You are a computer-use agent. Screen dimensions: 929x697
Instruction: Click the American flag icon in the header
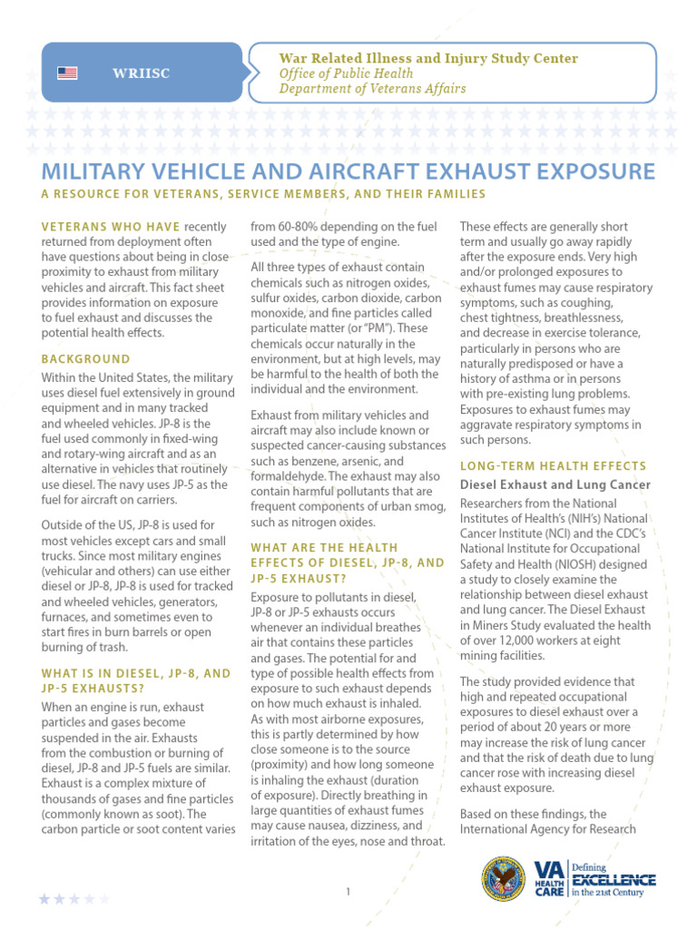[x=67, y=73]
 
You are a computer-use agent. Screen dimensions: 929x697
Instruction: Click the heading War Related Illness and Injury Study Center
[x=428, y=58]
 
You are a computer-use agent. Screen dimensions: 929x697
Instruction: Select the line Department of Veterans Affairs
[x=372, y=89]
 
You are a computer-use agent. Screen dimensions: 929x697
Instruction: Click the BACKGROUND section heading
[x=86, y=358]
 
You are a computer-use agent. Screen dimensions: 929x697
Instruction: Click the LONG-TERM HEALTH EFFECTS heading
[x=554, y=465]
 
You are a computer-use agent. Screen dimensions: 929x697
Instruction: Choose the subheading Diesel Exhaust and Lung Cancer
[x=555, y=485]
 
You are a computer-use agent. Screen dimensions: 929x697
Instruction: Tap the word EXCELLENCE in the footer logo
[x=613, y=879]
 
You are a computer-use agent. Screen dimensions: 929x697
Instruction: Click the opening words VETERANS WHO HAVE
[x=112, y=226]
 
